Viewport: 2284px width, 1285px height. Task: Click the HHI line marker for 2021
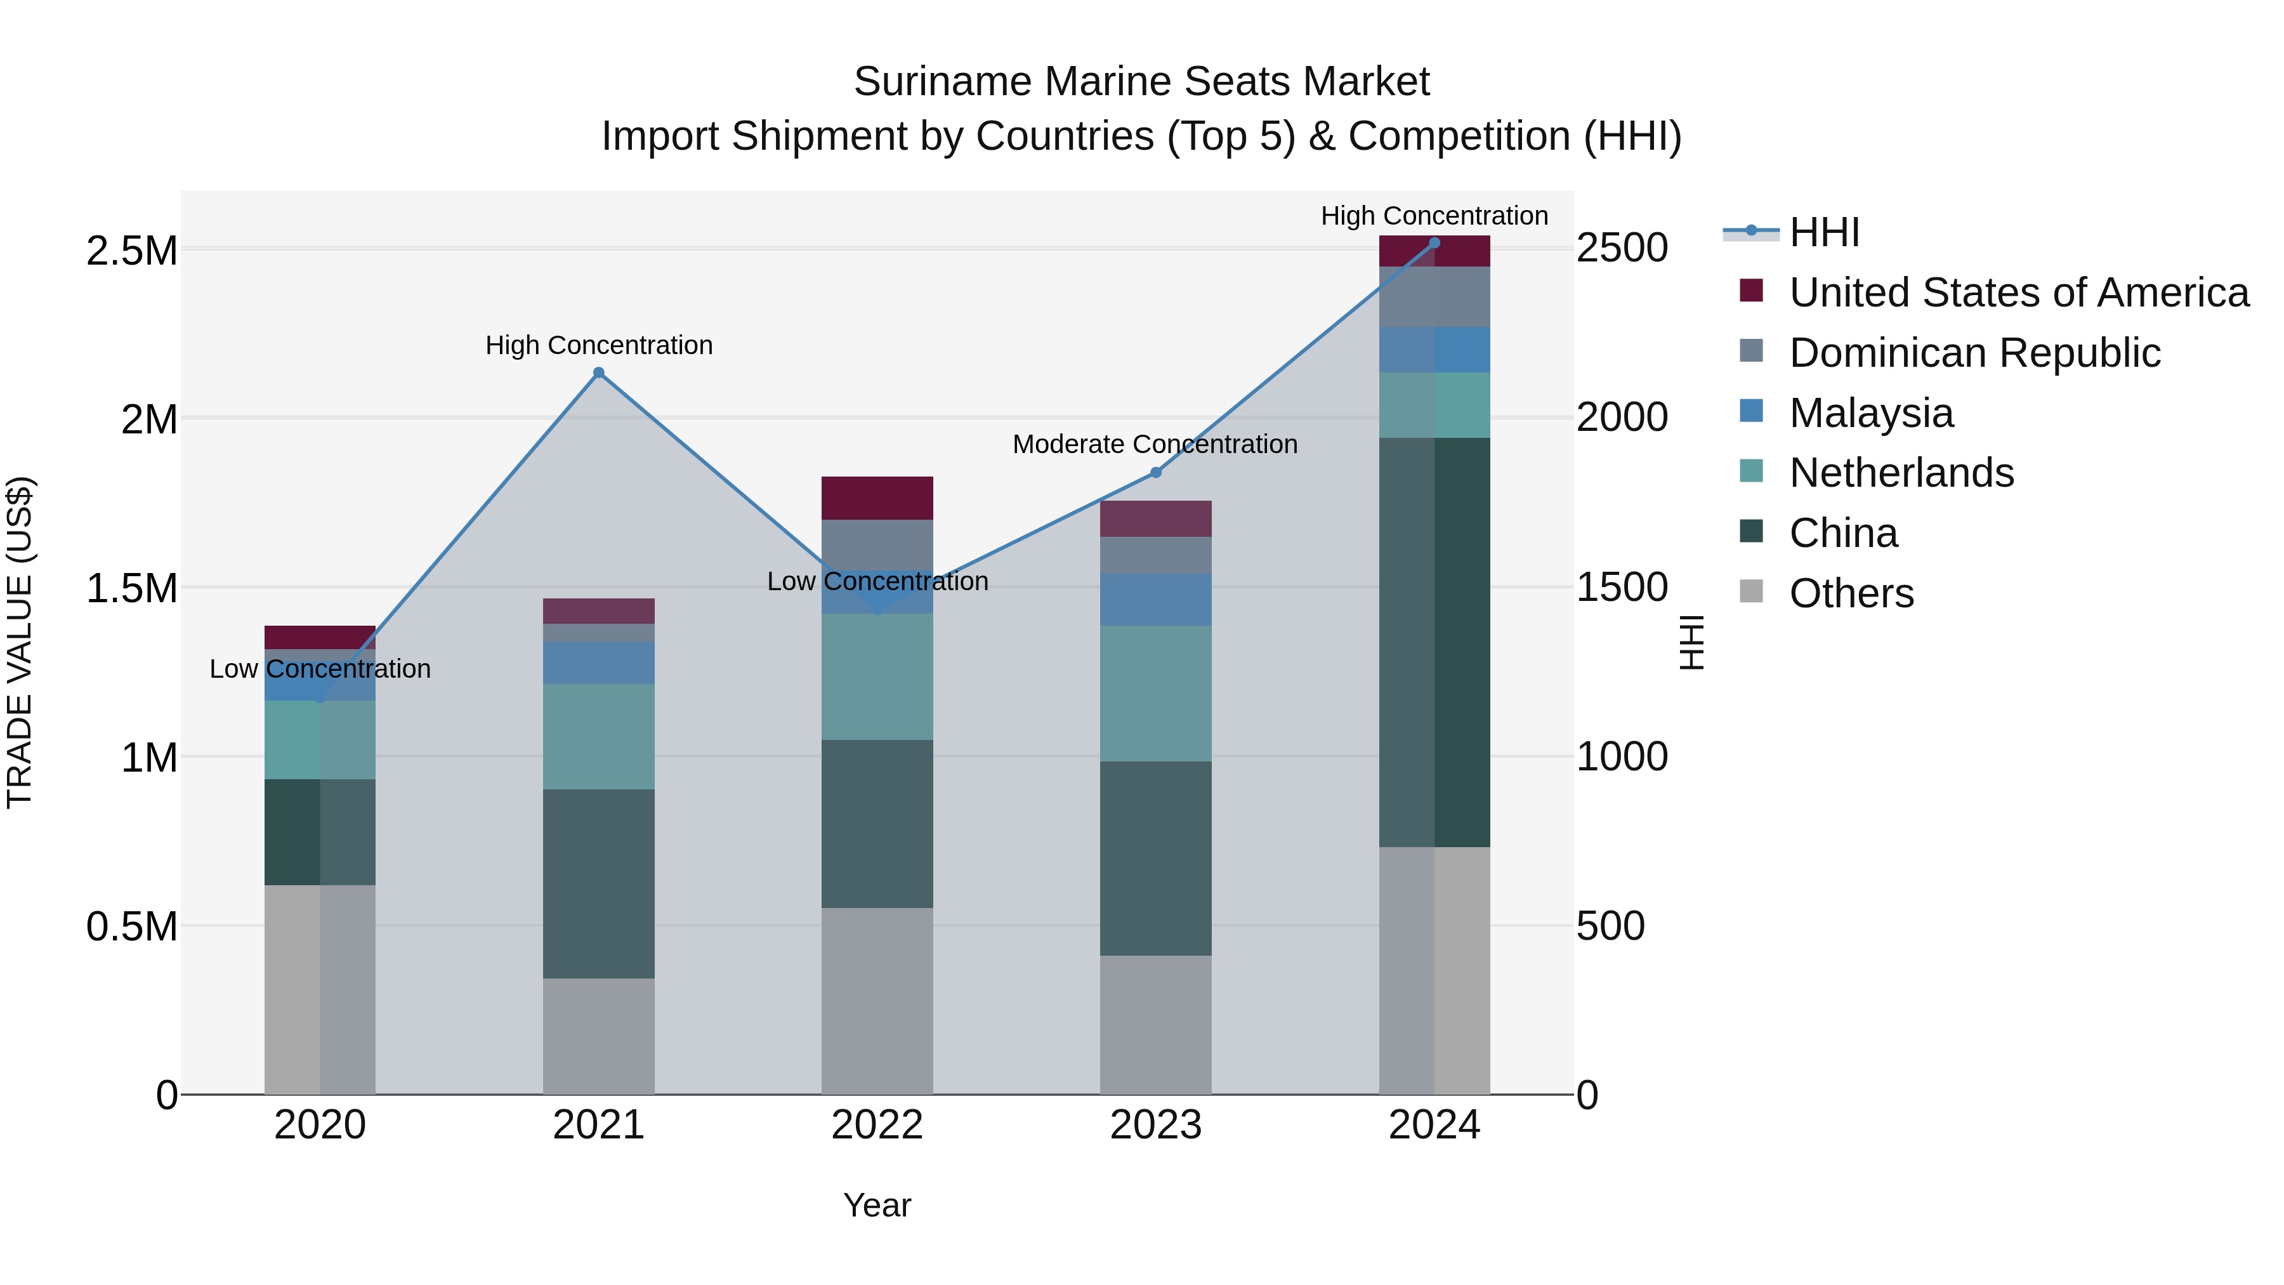[x=598, y=373]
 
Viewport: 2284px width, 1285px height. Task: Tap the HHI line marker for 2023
[x=1155, y=473]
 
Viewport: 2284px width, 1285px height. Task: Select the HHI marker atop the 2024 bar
[x=1434, y=243]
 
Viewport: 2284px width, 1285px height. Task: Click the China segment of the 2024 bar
[x=1434, y=642]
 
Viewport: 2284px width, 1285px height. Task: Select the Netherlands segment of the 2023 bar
[x=1155, y=694]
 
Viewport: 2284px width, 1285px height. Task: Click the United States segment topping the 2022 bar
[x=877, y=498]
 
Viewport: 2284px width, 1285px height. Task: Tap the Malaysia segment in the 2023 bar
[x=1155, y=600]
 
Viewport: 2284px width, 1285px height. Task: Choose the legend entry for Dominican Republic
[x=1974, y=353]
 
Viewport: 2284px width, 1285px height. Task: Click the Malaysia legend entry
[x=1871, y=413]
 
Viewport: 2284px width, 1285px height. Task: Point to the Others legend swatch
[x=1751, y=591]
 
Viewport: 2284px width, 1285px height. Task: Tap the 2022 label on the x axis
[x=877, y=1125]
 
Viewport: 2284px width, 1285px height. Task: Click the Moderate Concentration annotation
[x=1155, y=444]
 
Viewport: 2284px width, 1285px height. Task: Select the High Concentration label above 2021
[x=598, y=345]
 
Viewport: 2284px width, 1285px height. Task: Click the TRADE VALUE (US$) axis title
[x=20, y=642]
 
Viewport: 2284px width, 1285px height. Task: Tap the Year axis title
[x=877, y=1205]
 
